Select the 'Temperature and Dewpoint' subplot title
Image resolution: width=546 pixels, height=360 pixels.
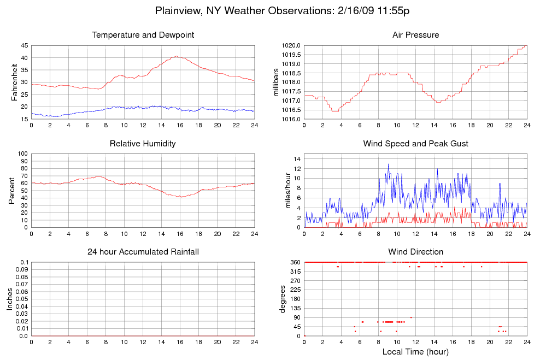(143, 35)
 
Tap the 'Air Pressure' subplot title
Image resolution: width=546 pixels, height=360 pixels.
(415, 35)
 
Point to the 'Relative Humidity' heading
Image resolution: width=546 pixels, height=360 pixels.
(143, 144)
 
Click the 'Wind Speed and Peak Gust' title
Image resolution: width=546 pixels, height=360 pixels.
(415, 144)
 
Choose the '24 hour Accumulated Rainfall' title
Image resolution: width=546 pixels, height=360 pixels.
(143, 252)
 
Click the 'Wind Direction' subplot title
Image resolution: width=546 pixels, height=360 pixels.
(415, 252)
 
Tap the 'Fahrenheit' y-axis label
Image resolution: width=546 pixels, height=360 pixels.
(14, 82)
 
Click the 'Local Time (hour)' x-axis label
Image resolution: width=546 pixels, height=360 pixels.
(415, 351)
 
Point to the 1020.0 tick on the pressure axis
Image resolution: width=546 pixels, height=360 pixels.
(291, 45)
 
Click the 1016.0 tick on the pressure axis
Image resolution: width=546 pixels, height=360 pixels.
(291, 119)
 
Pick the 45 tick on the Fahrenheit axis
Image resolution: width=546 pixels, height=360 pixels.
(24, 45)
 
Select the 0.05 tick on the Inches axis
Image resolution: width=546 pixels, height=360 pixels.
(21, 299)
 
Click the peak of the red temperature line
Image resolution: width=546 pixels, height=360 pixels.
(176, 56)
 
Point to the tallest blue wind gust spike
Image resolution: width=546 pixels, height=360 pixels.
(389, 164)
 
